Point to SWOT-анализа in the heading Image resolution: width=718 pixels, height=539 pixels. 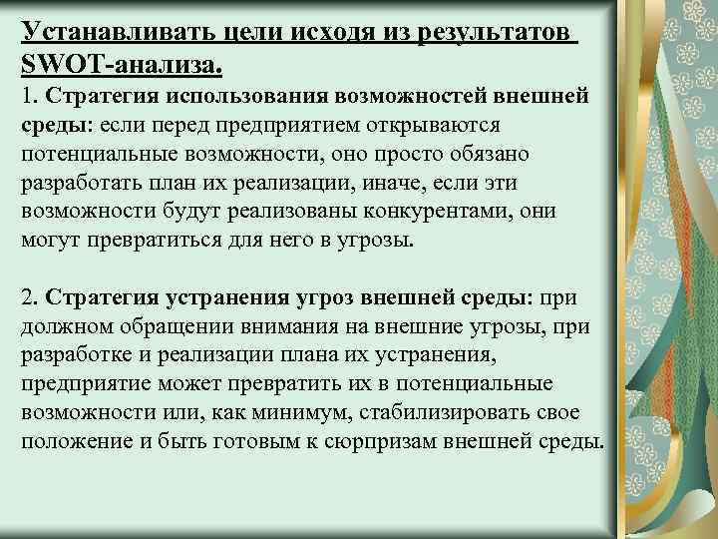pos(121,65)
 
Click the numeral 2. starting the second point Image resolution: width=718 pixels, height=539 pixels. pos(30,298)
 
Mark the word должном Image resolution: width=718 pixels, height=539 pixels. pos(63,326)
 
